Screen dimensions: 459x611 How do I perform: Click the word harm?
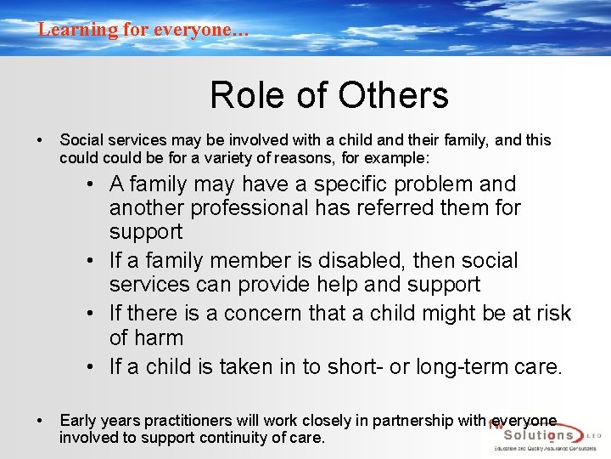160,337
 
